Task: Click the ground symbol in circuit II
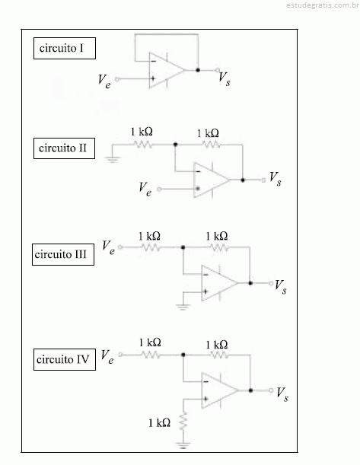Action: (x=112, y=160)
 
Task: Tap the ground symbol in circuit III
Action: (x=183, y=307)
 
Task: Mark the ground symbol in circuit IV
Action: (x=183, y=444)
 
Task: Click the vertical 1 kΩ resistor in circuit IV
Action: (x=183, y=421)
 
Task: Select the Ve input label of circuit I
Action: (x=105, y=81)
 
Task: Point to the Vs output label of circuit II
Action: (x=276, y=179)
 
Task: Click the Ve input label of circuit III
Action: (x=109, y=247)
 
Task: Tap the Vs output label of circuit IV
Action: (x=282, y=394)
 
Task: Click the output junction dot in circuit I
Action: (x=198, y=70)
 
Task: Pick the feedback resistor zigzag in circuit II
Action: (x=211, y=145)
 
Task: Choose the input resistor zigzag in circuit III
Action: (x=151, y=247)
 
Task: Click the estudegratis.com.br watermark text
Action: (x=323, y=5)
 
